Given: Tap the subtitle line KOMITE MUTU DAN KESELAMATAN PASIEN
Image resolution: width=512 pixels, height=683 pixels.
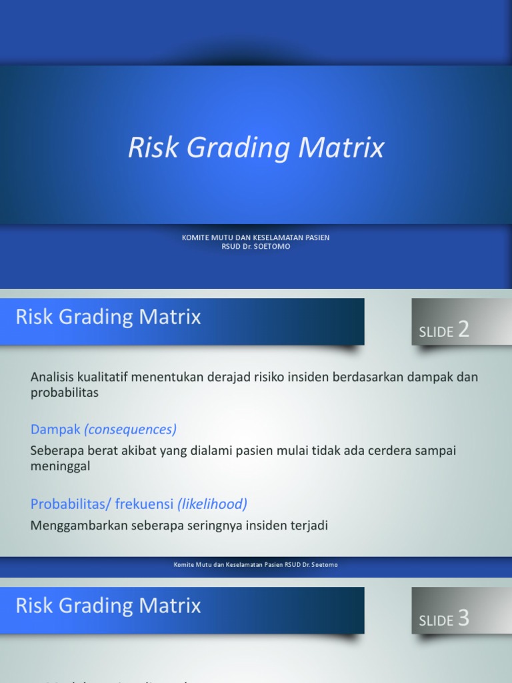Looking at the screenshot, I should pos(256,237).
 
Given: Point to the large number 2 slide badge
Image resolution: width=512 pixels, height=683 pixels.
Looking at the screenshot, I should pos(463,329).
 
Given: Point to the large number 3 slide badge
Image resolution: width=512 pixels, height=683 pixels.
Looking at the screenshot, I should pos(463,618).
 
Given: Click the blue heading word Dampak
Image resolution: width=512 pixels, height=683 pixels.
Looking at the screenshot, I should pos(55,429).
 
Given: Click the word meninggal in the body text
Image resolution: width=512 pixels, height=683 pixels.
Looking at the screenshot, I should pos(60,466).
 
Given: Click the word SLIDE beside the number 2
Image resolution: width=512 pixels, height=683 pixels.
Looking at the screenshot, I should pos(436,332).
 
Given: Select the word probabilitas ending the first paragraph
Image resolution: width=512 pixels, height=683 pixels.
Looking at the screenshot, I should pos(65,392).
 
